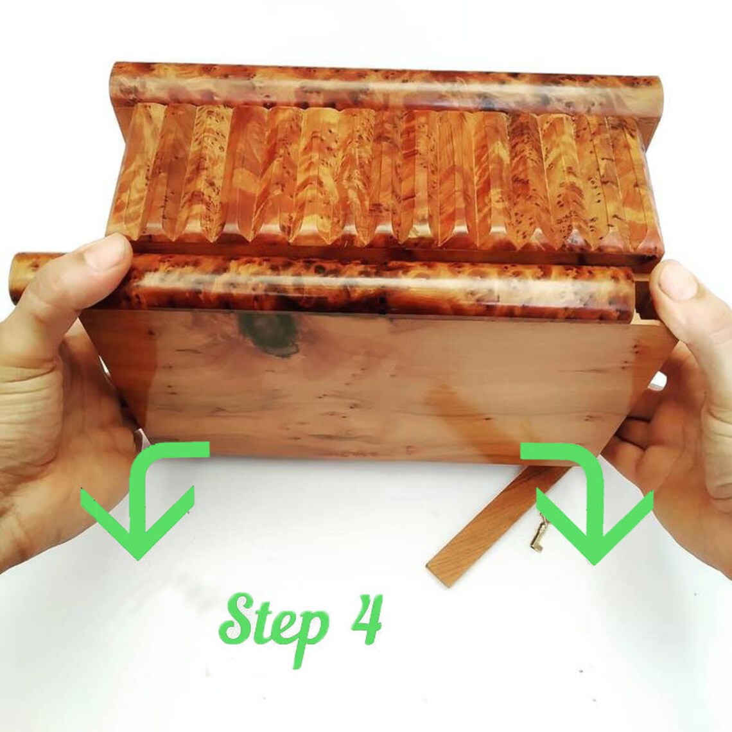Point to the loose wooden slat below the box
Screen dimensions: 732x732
point(495,523)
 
